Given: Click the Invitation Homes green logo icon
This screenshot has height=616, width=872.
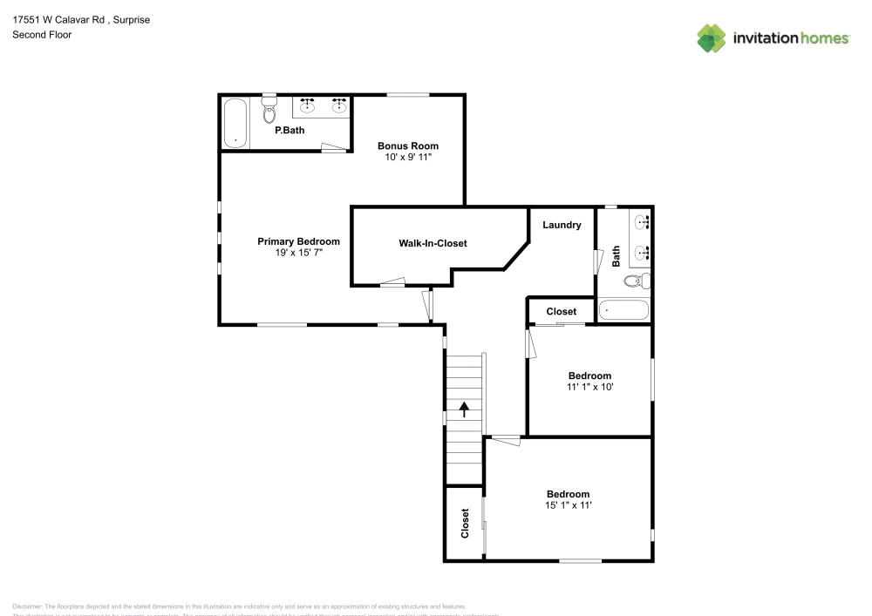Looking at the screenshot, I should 712,37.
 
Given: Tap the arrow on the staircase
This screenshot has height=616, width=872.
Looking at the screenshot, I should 465,407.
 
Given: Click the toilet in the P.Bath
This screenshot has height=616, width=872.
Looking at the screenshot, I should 270,113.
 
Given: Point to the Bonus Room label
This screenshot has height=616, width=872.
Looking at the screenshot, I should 407,146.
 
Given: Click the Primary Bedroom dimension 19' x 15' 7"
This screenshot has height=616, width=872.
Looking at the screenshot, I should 298,252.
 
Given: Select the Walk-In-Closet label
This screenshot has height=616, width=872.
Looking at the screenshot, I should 433,243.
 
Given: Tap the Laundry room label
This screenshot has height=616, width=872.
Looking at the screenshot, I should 562,225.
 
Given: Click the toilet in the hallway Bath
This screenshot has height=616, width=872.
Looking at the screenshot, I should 641,281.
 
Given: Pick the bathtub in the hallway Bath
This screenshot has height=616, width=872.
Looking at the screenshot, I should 624,310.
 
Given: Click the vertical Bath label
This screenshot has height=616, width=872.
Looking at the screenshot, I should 617,255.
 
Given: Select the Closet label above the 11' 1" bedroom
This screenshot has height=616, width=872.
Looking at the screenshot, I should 561,311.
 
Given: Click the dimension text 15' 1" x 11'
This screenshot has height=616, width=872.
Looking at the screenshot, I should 568,504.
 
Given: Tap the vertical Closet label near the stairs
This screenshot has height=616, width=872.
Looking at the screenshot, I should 465,523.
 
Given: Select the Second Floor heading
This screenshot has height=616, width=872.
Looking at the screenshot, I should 42,35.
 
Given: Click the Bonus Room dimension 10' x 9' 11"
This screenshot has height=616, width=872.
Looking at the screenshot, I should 407,157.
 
